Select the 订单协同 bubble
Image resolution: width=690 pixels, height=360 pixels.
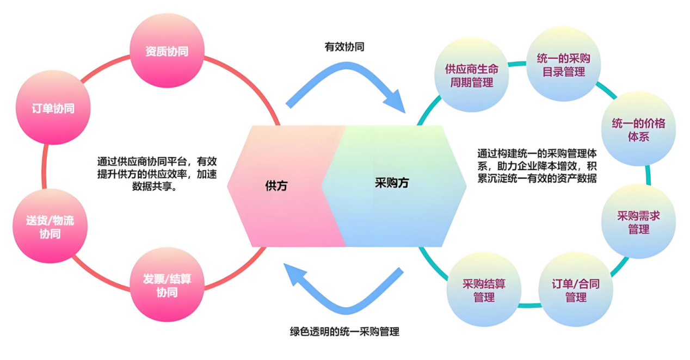point(53,108)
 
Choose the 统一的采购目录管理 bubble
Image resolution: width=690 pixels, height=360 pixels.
point(564,65)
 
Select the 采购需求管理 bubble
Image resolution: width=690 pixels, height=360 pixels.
point(638,222)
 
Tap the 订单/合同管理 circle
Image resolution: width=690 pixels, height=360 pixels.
point(575,290)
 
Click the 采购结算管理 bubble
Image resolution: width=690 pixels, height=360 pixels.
point(484,290)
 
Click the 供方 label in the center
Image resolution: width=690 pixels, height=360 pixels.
point(276,185)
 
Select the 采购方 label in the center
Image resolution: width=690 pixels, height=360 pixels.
point(392,183)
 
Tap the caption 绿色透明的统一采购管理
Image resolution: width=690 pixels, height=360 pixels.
point(344,331)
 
